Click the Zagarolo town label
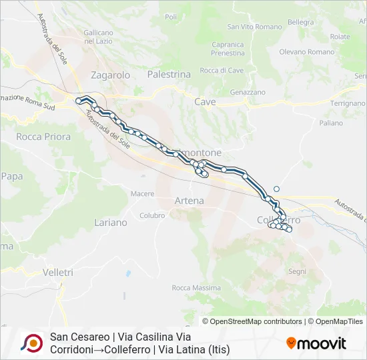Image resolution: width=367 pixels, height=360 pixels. (x=111, y=75)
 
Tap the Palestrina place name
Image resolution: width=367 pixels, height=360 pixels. (x=169, y=74)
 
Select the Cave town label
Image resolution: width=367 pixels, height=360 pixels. (x=205, y=102)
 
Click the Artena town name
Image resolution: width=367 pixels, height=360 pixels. (x=189, y=200)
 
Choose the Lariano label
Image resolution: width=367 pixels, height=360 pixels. (x=111, y=222)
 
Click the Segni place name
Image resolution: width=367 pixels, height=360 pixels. (x=297, y=271)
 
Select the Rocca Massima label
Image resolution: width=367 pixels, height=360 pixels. (x=196, y=287)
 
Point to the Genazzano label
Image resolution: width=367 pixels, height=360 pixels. (x=248, y=92)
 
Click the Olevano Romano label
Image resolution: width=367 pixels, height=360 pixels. (x=306, y=51)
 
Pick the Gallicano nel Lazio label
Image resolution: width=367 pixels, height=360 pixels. (x=100, y=37)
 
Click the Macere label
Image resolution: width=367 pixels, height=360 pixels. (x=142, y=193)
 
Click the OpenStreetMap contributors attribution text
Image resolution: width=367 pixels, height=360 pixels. (x=256, y=321)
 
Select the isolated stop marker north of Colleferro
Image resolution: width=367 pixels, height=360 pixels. (x=276, y=189)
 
